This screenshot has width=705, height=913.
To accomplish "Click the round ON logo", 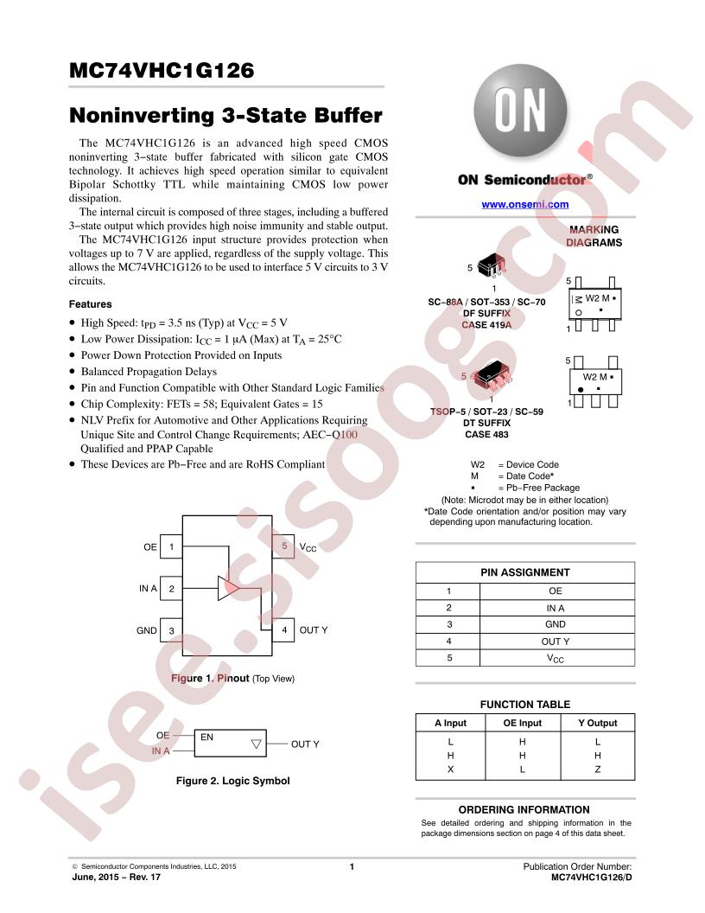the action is click(x=520, y=111).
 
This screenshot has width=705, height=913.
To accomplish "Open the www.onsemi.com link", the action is click(x=524, y=204).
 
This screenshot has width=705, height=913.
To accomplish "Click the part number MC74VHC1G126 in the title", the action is click(x=162, y=70).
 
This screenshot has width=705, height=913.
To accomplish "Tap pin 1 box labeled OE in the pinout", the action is click(x=171, y=546).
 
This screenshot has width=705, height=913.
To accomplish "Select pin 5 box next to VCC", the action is click(x=284, y=546).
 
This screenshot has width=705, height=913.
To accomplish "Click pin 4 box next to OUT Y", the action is click(x=284, y=630).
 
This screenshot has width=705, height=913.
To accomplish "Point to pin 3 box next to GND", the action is click(x=171, y=630).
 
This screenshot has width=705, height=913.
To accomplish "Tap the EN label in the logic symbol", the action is click(x=206, y=737).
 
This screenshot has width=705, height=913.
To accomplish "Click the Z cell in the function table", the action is click(x=597, y=769).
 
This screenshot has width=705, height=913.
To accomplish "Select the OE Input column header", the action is click(x=523, y=723).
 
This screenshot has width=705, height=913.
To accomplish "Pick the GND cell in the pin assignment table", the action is click(x=556, y=624).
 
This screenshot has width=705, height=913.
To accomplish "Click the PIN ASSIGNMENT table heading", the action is click(x=524, y=572).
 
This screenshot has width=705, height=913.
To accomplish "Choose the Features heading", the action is click(x=90, y=304).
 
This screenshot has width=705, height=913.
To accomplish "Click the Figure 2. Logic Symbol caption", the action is click(x=232, y=781).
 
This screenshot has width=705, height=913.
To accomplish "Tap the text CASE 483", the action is click(x=486, y=434).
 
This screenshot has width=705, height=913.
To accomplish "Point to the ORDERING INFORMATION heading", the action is click(x=524, y=809).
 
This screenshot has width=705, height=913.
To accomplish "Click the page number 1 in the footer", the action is click(x=352, y=866).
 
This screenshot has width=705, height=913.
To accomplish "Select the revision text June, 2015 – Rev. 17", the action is click(x=117, y=877).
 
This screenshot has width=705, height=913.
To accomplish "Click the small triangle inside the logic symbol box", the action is click(x=256, y=744).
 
